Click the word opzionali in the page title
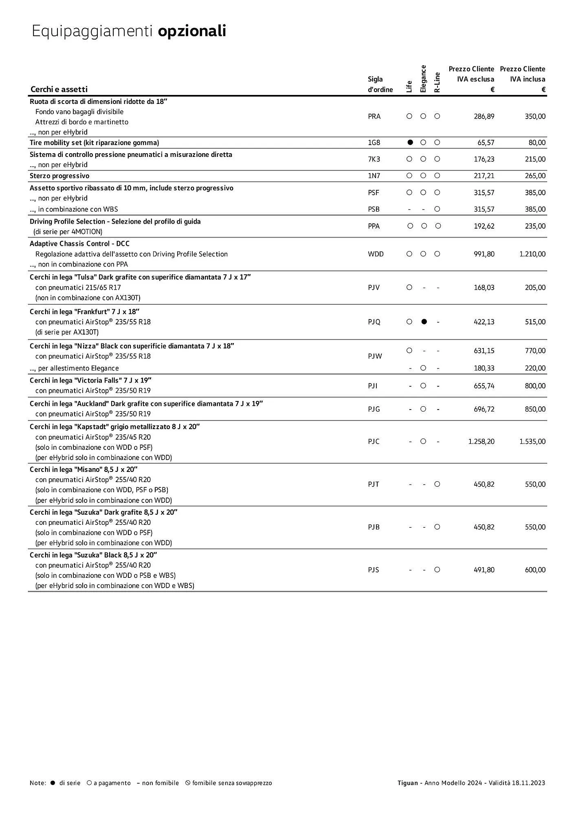pyautogui.click(x=192, y=31)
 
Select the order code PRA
pyautogui.click(x=374, y=117)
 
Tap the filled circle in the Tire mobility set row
pyautogui.click(x=410, y=143)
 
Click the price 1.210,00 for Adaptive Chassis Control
pyautogui.click(x=532, y=254)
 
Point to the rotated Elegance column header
pyautogui.click(x=423, y=79)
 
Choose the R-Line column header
pyautogui.click(x=437, y=82)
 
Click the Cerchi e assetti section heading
pyautogui.click(x=59, y=89)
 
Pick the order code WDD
pyautogui.click(x=376, y=254)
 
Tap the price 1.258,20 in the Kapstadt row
pyautogui.click(x=481, y=442)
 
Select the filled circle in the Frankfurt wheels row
pyautogui.click(x=424, y=322)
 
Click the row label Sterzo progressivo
pyautogui.click(x=59, y=176)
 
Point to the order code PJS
pyautogui.click(x=374, y=570)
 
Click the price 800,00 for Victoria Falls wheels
pyautogui.click(x=535, y=386)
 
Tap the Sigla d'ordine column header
pyautogui.click(x=380, y=84)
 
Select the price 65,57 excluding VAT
pyautogui.click(x=486, y=143)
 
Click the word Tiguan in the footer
pyautogui.click(x=408, y=783)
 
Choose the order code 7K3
pyautogui.click(x=374, y=159)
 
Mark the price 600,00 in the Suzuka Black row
pyautogui.click(x=535, y=570)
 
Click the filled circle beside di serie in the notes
pyautogui.click(x=53, y=783)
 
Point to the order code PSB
pyautogui.click(x=374, y=209)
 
